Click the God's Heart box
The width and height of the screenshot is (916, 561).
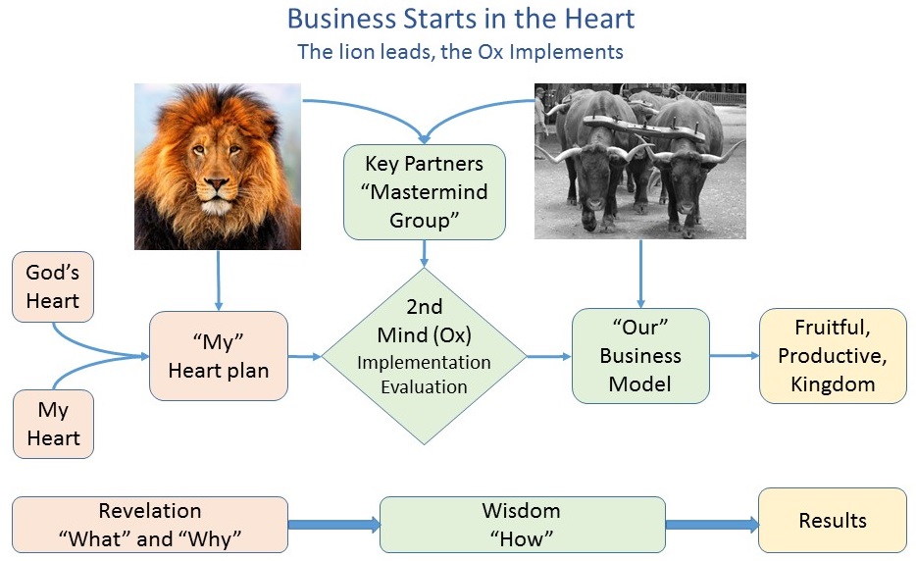(53, 287)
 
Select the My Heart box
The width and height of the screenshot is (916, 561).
(53, 424)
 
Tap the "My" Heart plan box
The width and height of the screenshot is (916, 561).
(219, 356)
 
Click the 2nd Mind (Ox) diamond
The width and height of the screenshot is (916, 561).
(424, 356)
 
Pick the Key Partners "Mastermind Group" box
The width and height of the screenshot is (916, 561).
(424, 192)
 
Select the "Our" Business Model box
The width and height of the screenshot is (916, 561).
(640, 356)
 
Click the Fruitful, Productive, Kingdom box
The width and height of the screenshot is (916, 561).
(833, 356)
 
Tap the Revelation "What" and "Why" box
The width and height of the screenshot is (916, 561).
(149, 525)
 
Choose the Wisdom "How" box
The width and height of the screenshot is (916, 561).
(523, 525)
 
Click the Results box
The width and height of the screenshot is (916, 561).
(833, 520)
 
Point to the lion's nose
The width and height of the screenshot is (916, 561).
(217, 185)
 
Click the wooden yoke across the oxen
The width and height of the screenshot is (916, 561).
(645, 127)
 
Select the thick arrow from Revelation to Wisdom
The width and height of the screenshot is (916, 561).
(334, 524)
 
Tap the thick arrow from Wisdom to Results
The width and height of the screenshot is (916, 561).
(712, 524)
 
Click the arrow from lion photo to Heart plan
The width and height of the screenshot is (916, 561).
(219, 280)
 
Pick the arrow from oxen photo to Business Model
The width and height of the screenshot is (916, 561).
(640, 274)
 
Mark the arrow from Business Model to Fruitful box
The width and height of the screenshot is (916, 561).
(735, 355)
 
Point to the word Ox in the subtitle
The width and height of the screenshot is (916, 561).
(490, 52)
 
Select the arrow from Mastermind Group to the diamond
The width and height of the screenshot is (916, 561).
(424, 254)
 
